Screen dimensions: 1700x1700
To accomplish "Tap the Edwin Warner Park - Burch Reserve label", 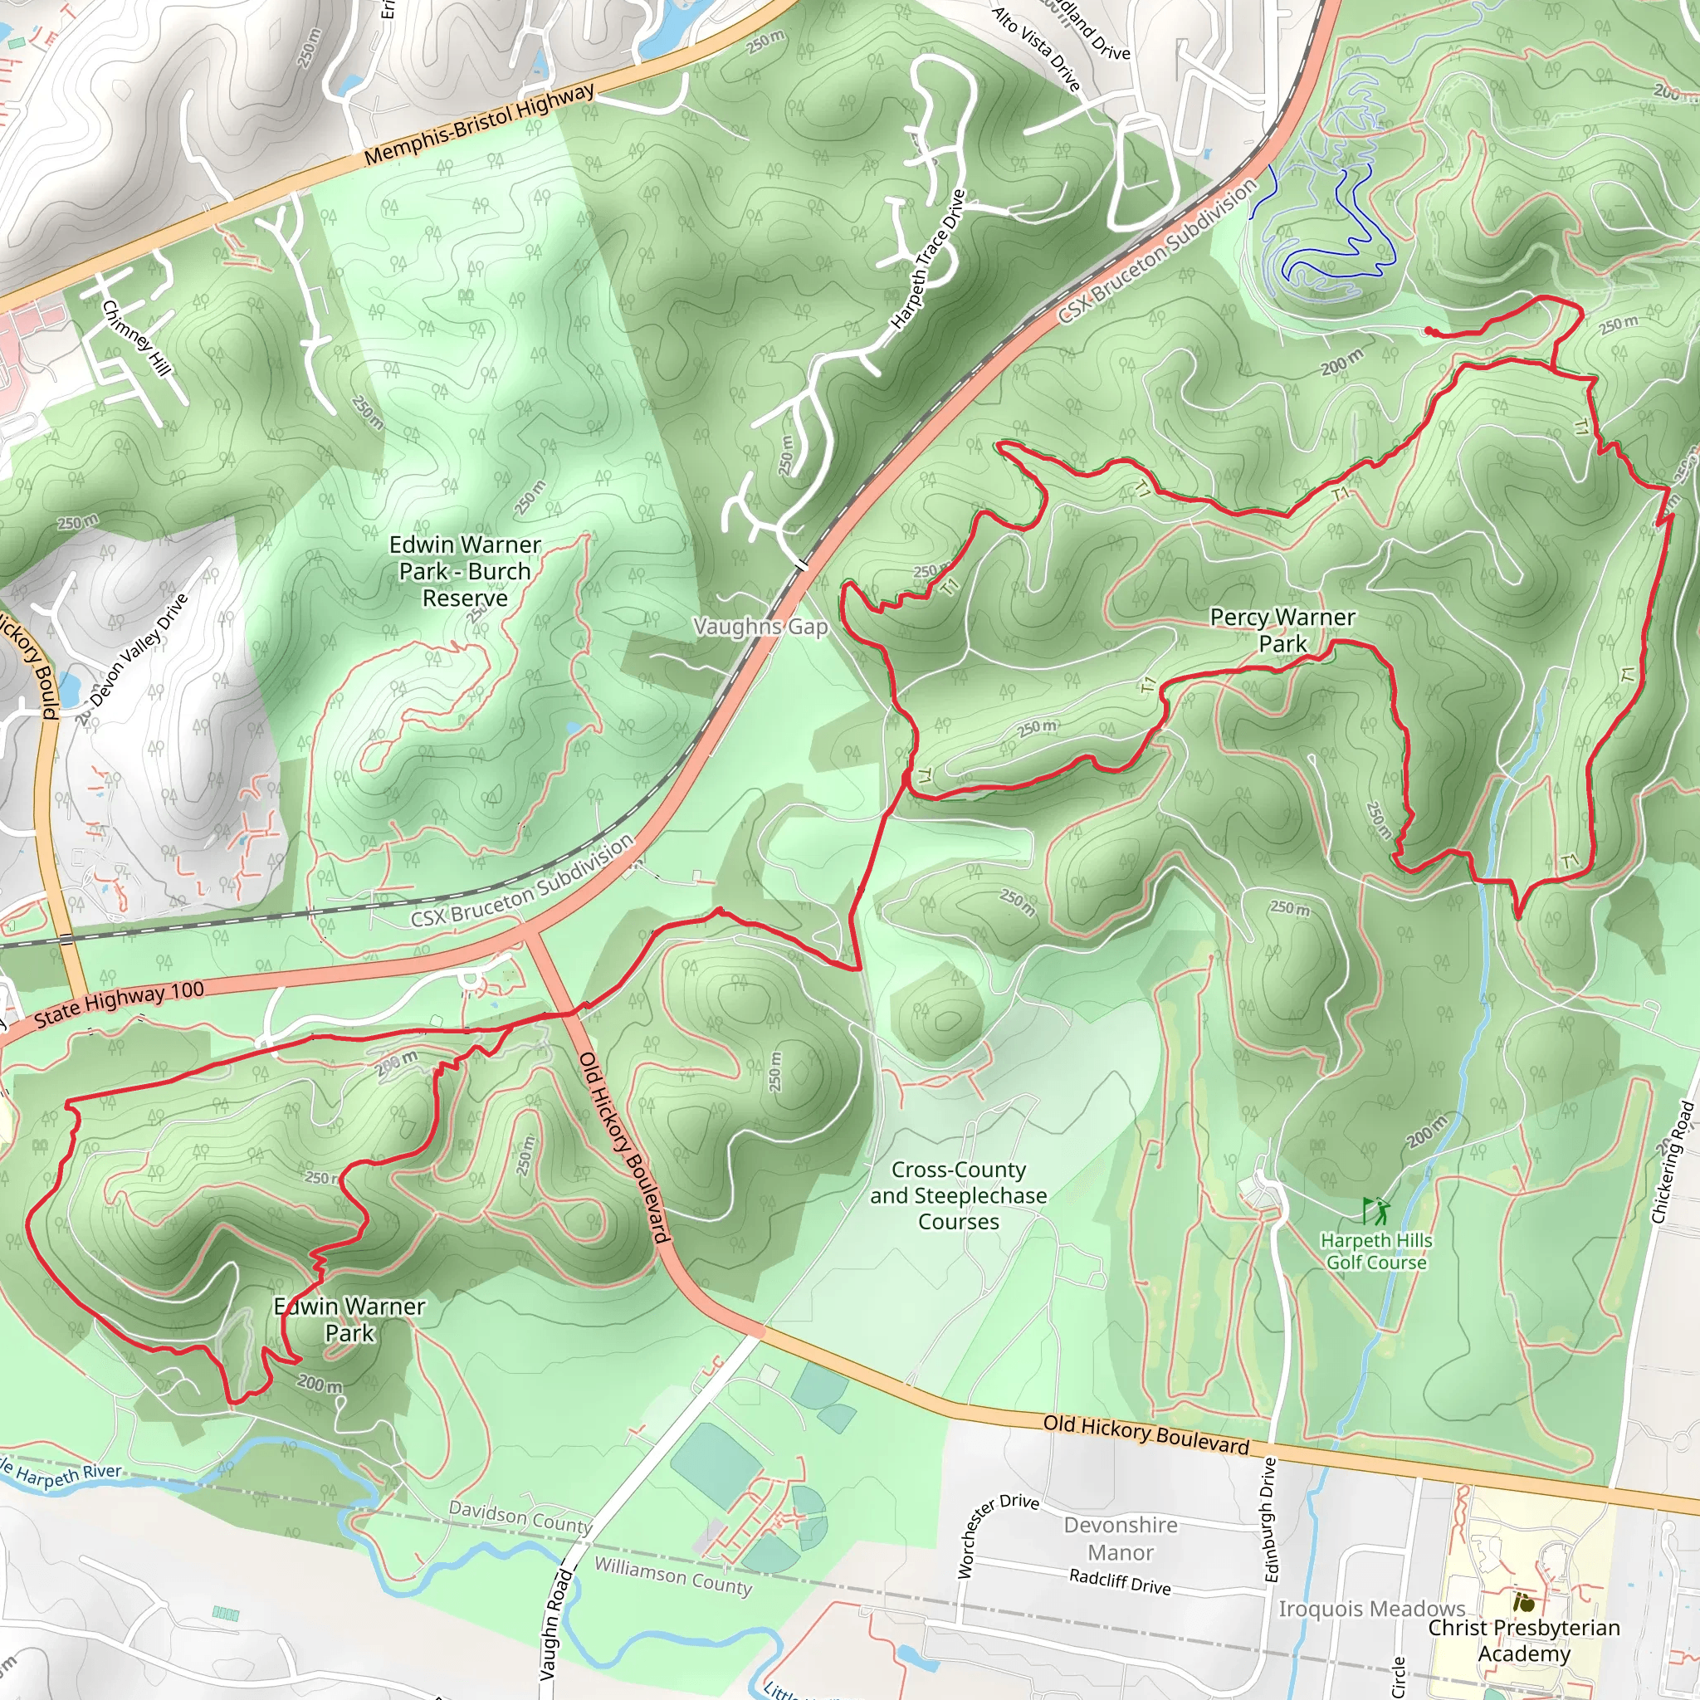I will click(x=465, y=571).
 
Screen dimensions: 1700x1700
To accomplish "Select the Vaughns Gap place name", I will click(x=760, y=627).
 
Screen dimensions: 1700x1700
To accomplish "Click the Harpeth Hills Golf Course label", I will click(x=1376, y=1251).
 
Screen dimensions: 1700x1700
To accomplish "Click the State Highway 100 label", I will click(x=119, y=1004).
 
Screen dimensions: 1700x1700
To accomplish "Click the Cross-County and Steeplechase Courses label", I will click(x=958, y=1195).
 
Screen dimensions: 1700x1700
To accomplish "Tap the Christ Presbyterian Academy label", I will click(x=1523, y=1640).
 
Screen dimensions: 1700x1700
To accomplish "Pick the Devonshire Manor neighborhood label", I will click(x=1120, y=1538).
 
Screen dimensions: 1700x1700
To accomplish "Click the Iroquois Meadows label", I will click(x=1371, y=1609).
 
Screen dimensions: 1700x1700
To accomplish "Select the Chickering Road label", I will click(x=1672, y=1161).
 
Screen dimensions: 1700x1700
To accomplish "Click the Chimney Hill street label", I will click(x=136, y=338).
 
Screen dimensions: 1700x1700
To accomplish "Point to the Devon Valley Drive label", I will click(x=133, y=657).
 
